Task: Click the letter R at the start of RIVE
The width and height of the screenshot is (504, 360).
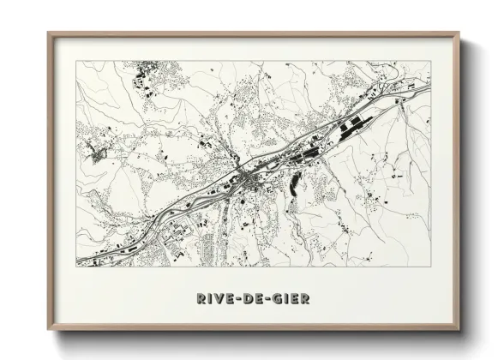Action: [200, 299]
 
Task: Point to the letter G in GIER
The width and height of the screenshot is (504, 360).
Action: [279, 299]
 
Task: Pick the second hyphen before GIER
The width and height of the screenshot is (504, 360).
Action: [269, 299]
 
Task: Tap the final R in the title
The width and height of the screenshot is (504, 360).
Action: [306, 299]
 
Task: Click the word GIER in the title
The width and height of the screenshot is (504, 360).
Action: [292, 299]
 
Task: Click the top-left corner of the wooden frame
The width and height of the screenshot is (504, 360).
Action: [48, 33]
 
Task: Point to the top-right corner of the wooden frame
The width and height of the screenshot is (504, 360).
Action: [459, 33]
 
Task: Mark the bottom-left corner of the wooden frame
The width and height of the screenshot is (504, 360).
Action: [48, 330]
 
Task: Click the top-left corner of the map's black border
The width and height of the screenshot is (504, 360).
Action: [76, 61]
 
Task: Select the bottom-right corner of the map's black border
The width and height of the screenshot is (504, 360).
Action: [430, 267]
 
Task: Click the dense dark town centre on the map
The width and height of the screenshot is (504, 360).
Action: [246, 178]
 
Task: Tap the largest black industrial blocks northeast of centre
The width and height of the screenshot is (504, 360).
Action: [348, 129]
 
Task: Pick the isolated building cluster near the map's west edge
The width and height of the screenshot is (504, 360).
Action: [97, 155]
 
